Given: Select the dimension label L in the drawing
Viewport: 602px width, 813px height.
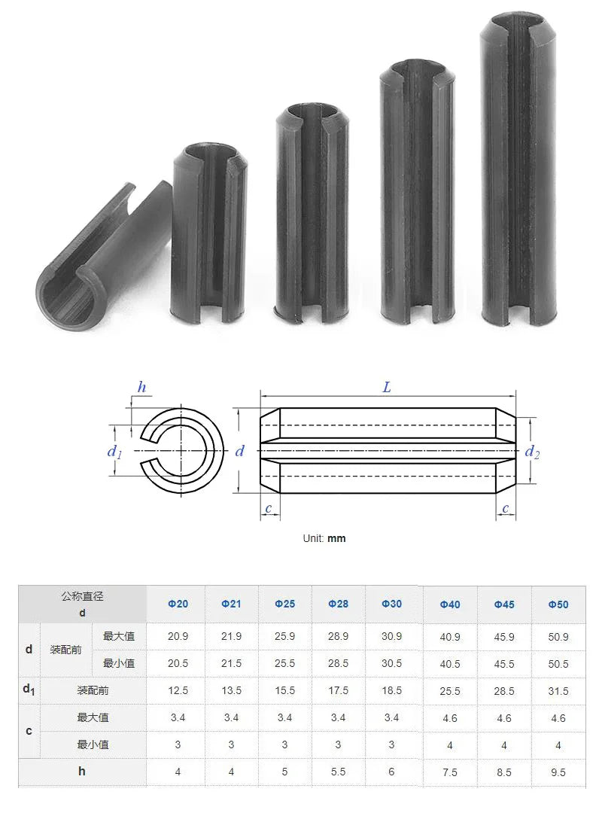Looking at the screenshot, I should [x=387, y=388].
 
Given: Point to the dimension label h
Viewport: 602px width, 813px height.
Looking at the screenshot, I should [x=141, y=388].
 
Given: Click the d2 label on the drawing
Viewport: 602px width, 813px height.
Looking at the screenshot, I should [x=532, y=452].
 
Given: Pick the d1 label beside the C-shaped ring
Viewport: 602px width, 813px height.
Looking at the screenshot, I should [x=114, y=452].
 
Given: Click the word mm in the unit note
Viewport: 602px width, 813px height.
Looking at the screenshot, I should [x=336, y=538].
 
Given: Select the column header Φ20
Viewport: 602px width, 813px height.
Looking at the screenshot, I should [x=178, y=604].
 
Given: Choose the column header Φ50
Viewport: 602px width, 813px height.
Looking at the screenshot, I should [x=558, y=604].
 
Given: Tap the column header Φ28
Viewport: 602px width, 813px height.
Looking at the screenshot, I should [x=339, y=604].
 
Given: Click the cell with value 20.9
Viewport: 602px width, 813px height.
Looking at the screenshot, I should [x=178, y=636].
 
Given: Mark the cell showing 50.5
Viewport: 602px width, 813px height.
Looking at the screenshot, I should [x=558, y=664].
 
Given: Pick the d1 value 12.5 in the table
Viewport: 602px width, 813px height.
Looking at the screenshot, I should [x=178, y=690].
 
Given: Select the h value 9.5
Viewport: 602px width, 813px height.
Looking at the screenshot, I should [x=558, y=772].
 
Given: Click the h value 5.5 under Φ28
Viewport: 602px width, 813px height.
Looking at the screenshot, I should [x=339, y=772].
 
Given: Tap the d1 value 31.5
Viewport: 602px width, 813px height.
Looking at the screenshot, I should [x=558, y=691].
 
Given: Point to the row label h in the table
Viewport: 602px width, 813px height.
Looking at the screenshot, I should [x=82, y=771].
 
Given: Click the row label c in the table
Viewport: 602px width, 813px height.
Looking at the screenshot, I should [x=29, y=731].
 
